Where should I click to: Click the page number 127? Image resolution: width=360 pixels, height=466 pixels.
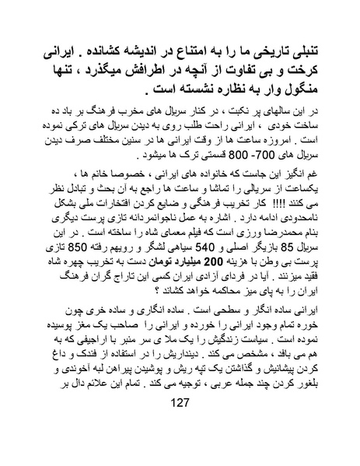click(180, 444)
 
